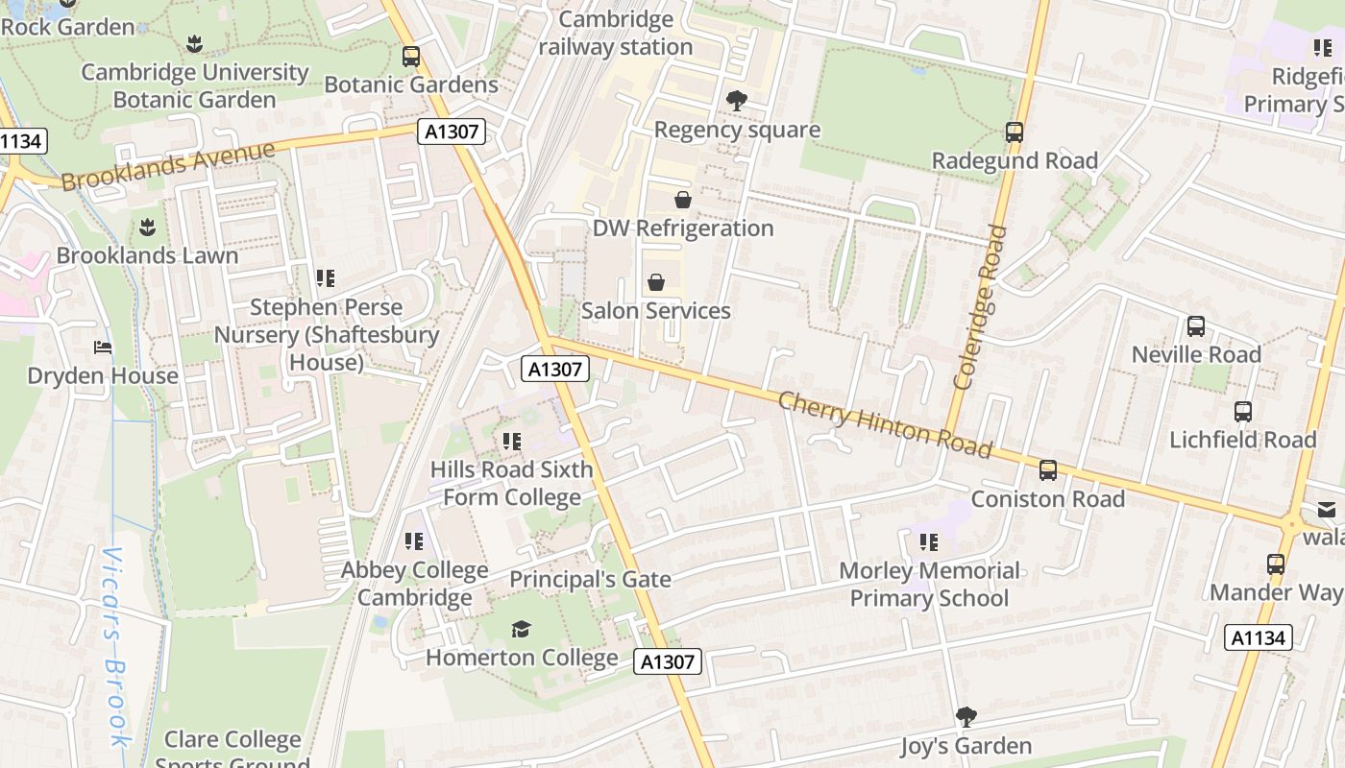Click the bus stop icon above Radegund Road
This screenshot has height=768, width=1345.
click(1015, 132)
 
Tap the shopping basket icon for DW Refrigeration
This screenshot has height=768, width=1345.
click(682, 200)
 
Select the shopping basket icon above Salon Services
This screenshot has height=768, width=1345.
click(656, 282)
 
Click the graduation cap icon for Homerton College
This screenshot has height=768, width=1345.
click(521, 629)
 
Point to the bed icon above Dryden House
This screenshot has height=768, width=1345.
click(103, 347)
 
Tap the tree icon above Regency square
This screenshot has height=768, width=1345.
click(737, 100)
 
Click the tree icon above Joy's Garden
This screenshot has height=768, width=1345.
click(966, 716)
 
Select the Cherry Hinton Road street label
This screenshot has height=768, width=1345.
click(884, 424)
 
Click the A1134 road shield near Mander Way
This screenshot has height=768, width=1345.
click(1259, 637)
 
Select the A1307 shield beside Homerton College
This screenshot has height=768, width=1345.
click(668, 661)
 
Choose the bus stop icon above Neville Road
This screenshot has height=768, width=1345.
click(1196, 326)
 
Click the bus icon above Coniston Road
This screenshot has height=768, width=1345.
click(1048, 470)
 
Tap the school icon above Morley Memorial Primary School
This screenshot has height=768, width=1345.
click(928, 542)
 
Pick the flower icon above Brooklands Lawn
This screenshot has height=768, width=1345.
click(147, 228)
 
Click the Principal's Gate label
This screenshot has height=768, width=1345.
click(590, 580)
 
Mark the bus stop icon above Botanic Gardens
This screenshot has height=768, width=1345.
click(411, 57)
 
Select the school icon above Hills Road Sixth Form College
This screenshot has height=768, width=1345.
click(512, 442)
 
